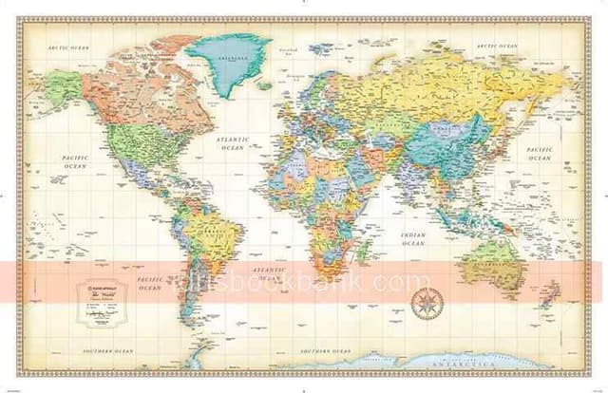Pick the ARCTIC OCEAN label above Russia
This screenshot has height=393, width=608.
pos(496,45)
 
